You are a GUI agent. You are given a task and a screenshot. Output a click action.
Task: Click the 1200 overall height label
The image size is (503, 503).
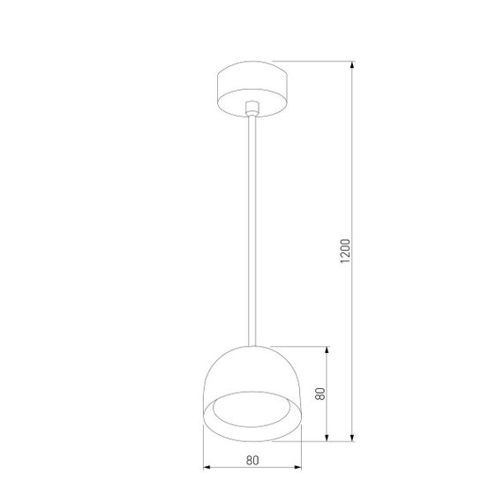(346, 251)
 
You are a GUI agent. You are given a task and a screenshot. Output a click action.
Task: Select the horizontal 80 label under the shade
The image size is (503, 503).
(253, 459)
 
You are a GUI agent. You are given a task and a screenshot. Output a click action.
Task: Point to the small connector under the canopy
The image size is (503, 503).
(253, 108)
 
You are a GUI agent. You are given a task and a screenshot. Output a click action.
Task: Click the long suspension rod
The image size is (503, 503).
(253, 229)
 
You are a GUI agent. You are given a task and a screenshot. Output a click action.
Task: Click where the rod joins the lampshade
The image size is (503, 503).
(253, 343)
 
